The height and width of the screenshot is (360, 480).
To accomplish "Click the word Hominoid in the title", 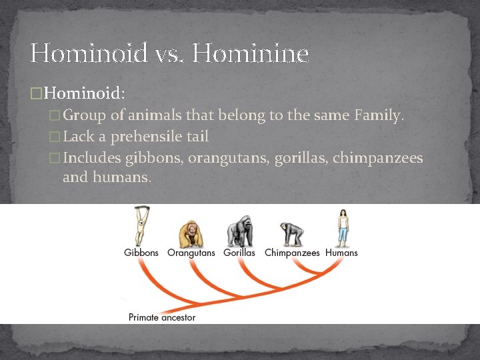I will [x=88, y=53].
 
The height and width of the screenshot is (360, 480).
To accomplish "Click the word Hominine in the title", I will [x=251, y=53].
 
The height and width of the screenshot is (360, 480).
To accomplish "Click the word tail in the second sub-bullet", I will [x=197, y=137].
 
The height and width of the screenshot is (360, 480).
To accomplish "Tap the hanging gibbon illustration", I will [x=141, y=227].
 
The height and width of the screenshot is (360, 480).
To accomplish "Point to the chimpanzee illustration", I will [x=291, y=234].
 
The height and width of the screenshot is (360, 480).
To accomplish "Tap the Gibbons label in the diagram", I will [x=141, y=253].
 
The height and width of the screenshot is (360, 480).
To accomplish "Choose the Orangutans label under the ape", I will [x=191, y=253].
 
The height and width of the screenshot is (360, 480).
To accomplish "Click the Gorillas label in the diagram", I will [x=239, y=253].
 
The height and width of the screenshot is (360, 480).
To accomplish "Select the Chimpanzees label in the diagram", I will [x=292, y=253].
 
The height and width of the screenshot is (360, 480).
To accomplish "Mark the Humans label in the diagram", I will [x=341, y=253].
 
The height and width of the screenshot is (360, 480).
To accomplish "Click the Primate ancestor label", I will [x=162, y=317].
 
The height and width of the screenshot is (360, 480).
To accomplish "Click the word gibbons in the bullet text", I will [x=154, y=159].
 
